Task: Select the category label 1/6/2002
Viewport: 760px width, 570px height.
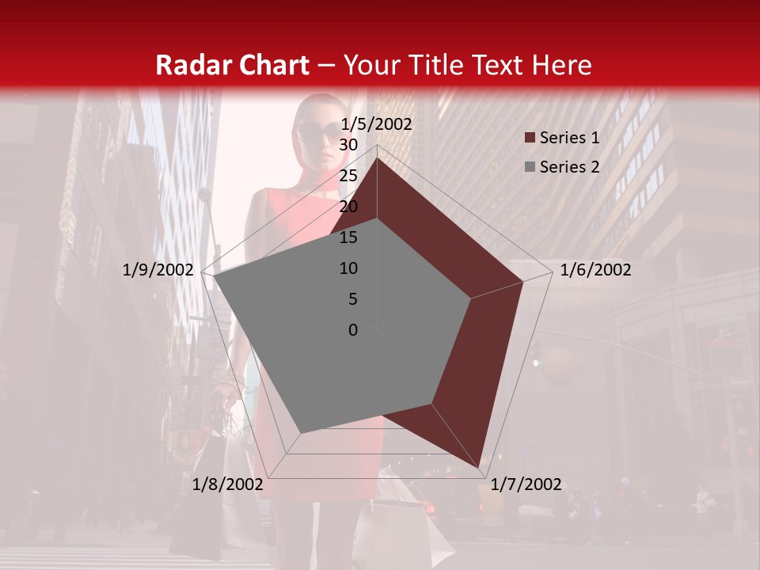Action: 595,270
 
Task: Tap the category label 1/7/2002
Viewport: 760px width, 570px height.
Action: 526,484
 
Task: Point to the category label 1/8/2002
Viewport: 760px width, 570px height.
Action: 227,484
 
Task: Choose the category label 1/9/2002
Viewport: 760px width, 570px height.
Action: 158,270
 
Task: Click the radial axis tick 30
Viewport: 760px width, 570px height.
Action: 348,145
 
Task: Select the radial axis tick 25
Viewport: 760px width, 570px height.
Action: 348,176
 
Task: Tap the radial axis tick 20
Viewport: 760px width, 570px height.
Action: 348,207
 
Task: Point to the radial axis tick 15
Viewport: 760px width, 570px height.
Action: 348,237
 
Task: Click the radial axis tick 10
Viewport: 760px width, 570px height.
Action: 348,268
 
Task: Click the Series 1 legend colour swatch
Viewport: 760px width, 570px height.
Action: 530,139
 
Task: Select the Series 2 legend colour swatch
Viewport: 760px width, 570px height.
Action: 530,167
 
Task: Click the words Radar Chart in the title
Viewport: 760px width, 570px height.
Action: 232,65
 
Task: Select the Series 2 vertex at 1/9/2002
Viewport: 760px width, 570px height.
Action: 213,275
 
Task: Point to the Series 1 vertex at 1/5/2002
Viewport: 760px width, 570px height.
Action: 377,158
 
